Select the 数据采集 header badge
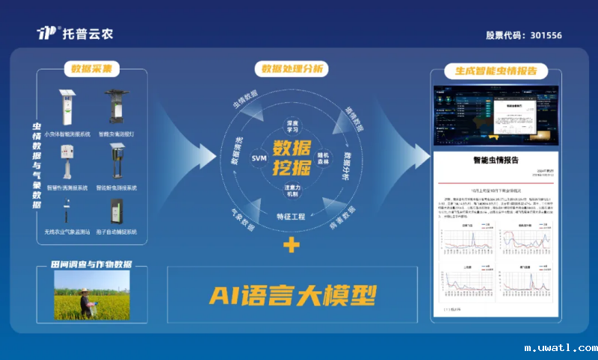tap(91, 69)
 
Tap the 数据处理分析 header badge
tap(292, 69)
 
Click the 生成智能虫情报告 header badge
tap(496, 71)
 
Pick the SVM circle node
tap(259, 158)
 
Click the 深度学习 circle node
tap(292, 125)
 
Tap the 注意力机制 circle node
tap(292, 190)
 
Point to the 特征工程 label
tap(291, 216)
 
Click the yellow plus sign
tap(292, 245)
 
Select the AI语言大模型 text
tap(292, 295)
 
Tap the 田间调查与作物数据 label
tap(91, 264)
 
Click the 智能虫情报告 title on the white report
tap(496, 161)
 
